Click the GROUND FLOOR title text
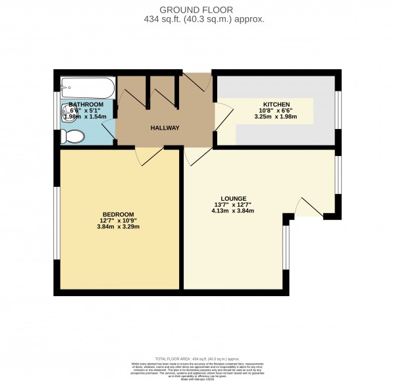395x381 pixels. click(197, 10)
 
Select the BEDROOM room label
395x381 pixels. click(118, 215)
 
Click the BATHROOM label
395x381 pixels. click(86, 105)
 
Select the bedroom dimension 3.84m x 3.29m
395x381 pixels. click(118, 227)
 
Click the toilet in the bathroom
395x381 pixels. click(71, 136)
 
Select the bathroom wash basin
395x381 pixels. click(68, 111)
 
